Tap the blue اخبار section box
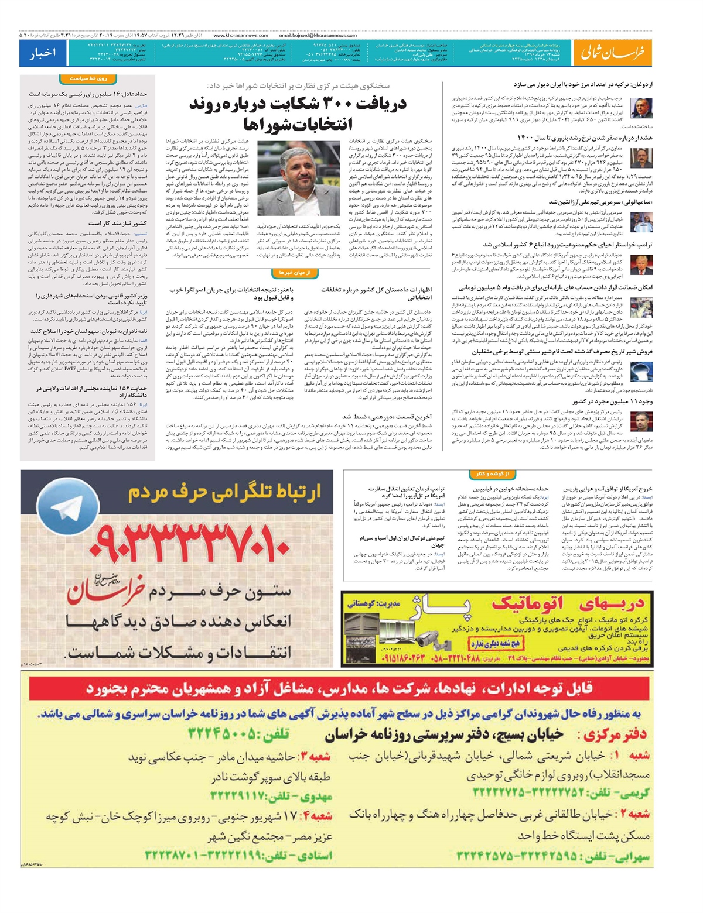coord(43,53)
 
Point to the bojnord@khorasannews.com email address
coord(318,35)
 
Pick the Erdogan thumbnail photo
coord(641,108)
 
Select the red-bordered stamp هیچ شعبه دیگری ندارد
coord(495,644)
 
